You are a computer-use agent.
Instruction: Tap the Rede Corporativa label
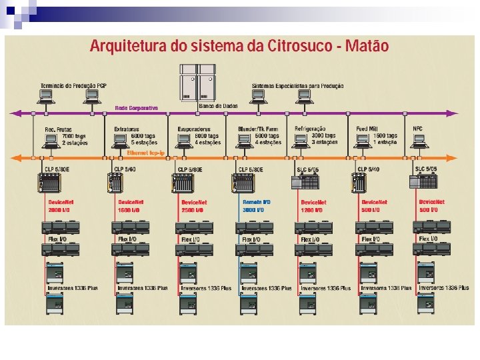(x=136, y=107)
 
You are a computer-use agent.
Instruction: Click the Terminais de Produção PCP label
(x=73, y=86)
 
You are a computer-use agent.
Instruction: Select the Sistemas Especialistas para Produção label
(x=298, y=86)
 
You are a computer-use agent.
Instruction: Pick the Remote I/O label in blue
(x=256, y=202)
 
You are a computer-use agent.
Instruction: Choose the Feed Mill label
(x=367, y=129)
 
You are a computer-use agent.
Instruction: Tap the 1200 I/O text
(x=312, y=209)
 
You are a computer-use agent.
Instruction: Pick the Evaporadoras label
(x=194, y=129)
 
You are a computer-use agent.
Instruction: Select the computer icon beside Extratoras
(x=120, y=140)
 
